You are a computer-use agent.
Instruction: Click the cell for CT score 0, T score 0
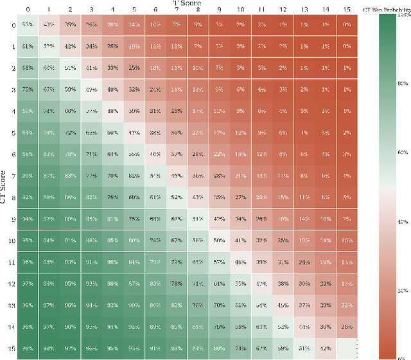click(x=28, y=24)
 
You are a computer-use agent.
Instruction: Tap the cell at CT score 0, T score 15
click(x=347, y=24)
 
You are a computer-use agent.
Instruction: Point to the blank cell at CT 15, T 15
click(x=347, y=348)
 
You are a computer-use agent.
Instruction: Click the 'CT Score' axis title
click(x=4, y=186)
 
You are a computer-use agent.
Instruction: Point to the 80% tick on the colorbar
click(x=403, y=83)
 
